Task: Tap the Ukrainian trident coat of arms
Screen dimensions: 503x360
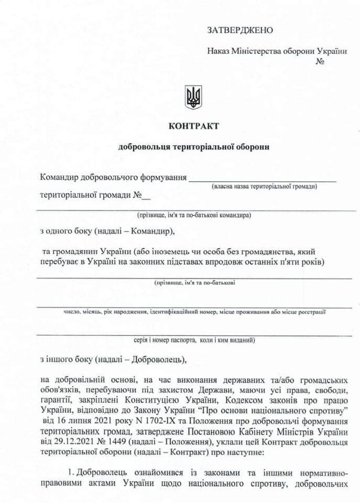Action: click(x=193, y=97)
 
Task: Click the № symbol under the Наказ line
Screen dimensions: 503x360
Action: click(x=321, y=61)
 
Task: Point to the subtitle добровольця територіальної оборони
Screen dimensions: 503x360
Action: click(x=193, y=147)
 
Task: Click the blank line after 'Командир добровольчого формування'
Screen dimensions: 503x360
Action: click(x=262, y=179)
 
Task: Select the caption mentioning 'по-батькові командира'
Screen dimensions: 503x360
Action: click(x=193, y=215)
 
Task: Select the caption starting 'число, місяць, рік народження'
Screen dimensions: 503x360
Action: click(x=194, y=311)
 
